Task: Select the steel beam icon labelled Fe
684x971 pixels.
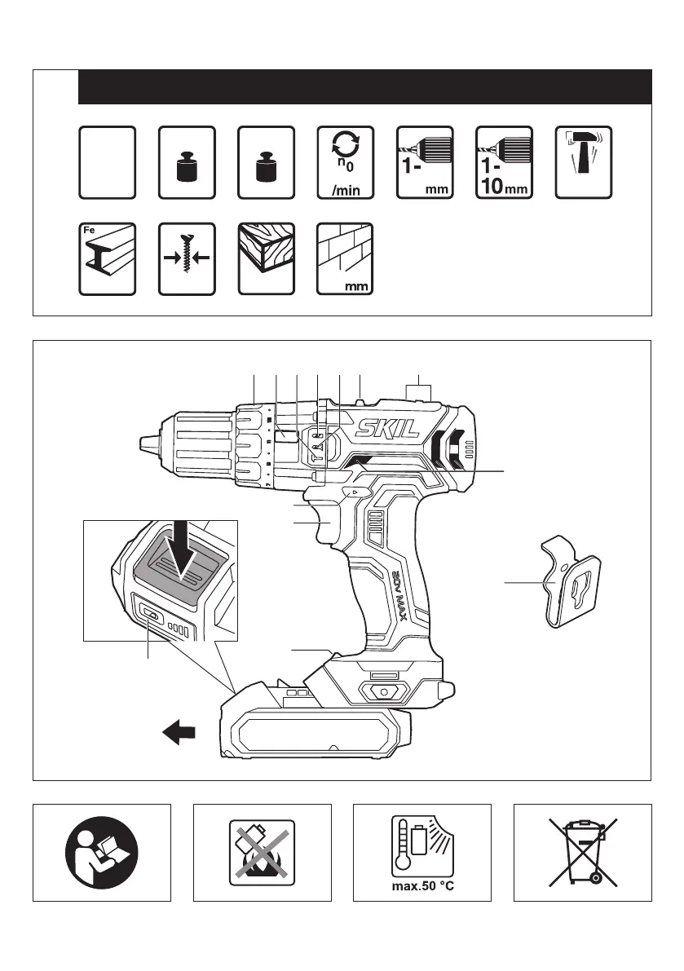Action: coord(107,259)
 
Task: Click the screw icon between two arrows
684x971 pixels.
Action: coord(186,259)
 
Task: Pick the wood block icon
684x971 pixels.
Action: coord(265,259)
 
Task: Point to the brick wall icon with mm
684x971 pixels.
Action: coord(345,259)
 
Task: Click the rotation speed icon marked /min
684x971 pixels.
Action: coord(345,162)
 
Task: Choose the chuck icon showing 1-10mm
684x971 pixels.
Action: coord(504,162)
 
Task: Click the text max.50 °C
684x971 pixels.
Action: coord(421,885)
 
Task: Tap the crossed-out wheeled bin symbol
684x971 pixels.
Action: coord(582,852)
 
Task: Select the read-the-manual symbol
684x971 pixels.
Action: coord(102,853)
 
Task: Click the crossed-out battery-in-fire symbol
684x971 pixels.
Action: coord(262,853)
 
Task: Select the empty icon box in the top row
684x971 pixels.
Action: coord(107,162)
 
